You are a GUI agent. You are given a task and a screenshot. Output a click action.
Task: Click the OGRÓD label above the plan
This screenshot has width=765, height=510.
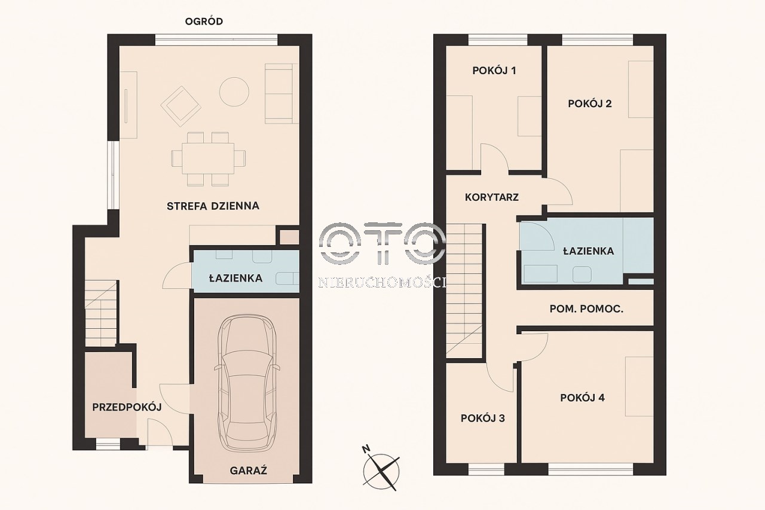click(x=204, y=22)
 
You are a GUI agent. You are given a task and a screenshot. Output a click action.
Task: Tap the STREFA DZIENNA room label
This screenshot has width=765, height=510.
click(x=213, y=206)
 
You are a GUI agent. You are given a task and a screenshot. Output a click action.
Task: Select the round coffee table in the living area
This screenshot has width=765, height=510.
click(x=234, y=91)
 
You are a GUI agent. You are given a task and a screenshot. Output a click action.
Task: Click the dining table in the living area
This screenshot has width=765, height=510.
click(x=208, y=158)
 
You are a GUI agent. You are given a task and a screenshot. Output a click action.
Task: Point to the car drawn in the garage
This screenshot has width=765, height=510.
click(x=247, y=384)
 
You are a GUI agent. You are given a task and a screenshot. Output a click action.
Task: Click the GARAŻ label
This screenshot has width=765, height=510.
click(x=248, y=471)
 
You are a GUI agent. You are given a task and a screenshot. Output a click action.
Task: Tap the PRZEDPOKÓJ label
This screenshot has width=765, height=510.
click(x=127, y=407)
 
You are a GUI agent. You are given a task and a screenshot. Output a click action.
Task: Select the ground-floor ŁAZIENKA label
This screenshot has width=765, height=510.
click(x=235, y=278)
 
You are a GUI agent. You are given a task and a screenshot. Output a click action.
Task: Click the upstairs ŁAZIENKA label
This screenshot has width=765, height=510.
click(x=589, y=251)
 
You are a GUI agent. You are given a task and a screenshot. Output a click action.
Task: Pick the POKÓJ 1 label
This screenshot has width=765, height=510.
click(x=494, y=71)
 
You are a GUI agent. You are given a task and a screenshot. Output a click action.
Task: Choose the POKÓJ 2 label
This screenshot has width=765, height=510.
click(x=590, y=103)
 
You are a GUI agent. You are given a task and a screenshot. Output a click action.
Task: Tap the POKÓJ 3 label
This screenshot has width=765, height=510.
click(x=482, y=418)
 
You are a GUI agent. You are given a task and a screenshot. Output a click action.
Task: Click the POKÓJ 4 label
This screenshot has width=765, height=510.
click(x=582, y=398)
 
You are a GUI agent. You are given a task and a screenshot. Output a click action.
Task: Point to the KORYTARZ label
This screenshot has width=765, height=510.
click(x=492, y=197)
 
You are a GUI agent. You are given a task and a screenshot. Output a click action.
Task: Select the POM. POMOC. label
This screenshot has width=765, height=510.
click(x=586, y=309)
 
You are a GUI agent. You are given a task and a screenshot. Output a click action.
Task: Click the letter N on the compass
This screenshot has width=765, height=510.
click(x=366, y=449)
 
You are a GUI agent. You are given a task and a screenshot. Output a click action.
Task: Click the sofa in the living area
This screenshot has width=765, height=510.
click(x=279, y=93)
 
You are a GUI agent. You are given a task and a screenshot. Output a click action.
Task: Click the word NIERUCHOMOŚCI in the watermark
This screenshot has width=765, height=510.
click(x=382, y=282)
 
